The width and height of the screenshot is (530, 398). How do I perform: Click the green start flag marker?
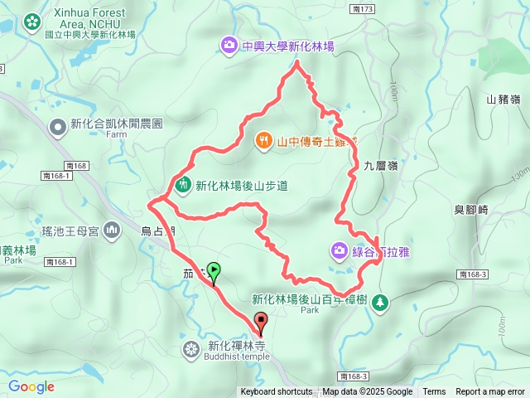click(x=214, y=270)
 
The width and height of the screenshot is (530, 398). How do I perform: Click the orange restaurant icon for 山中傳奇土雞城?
click(x=263, y=140)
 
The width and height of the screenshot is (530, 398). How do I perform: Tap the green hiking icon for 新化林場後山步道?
click(x=183, y=184)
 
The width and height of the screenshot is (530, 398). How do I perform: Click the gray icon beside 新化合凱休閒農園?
click(x=58, y=127)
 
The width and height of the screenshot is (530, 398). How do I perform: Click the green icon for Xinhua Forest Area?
click(x=32, y=21)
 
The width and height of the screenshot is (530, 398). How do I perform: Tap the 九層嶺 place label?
click(x=381, y=166)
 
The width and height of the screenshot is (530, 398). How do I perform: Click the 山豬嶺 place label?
click(x=503, y=99)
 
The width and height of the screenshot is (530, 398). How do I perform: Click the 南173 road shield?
click(x=363, y=8)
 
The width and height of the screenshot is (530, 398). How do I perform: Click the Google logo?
click(x=31, y=386)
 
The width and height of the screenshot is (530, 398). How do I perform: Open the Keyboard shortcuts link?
click(x=277, y=392)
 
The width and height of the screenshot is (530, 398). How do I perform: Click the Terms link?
click(x=434, y=392)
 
